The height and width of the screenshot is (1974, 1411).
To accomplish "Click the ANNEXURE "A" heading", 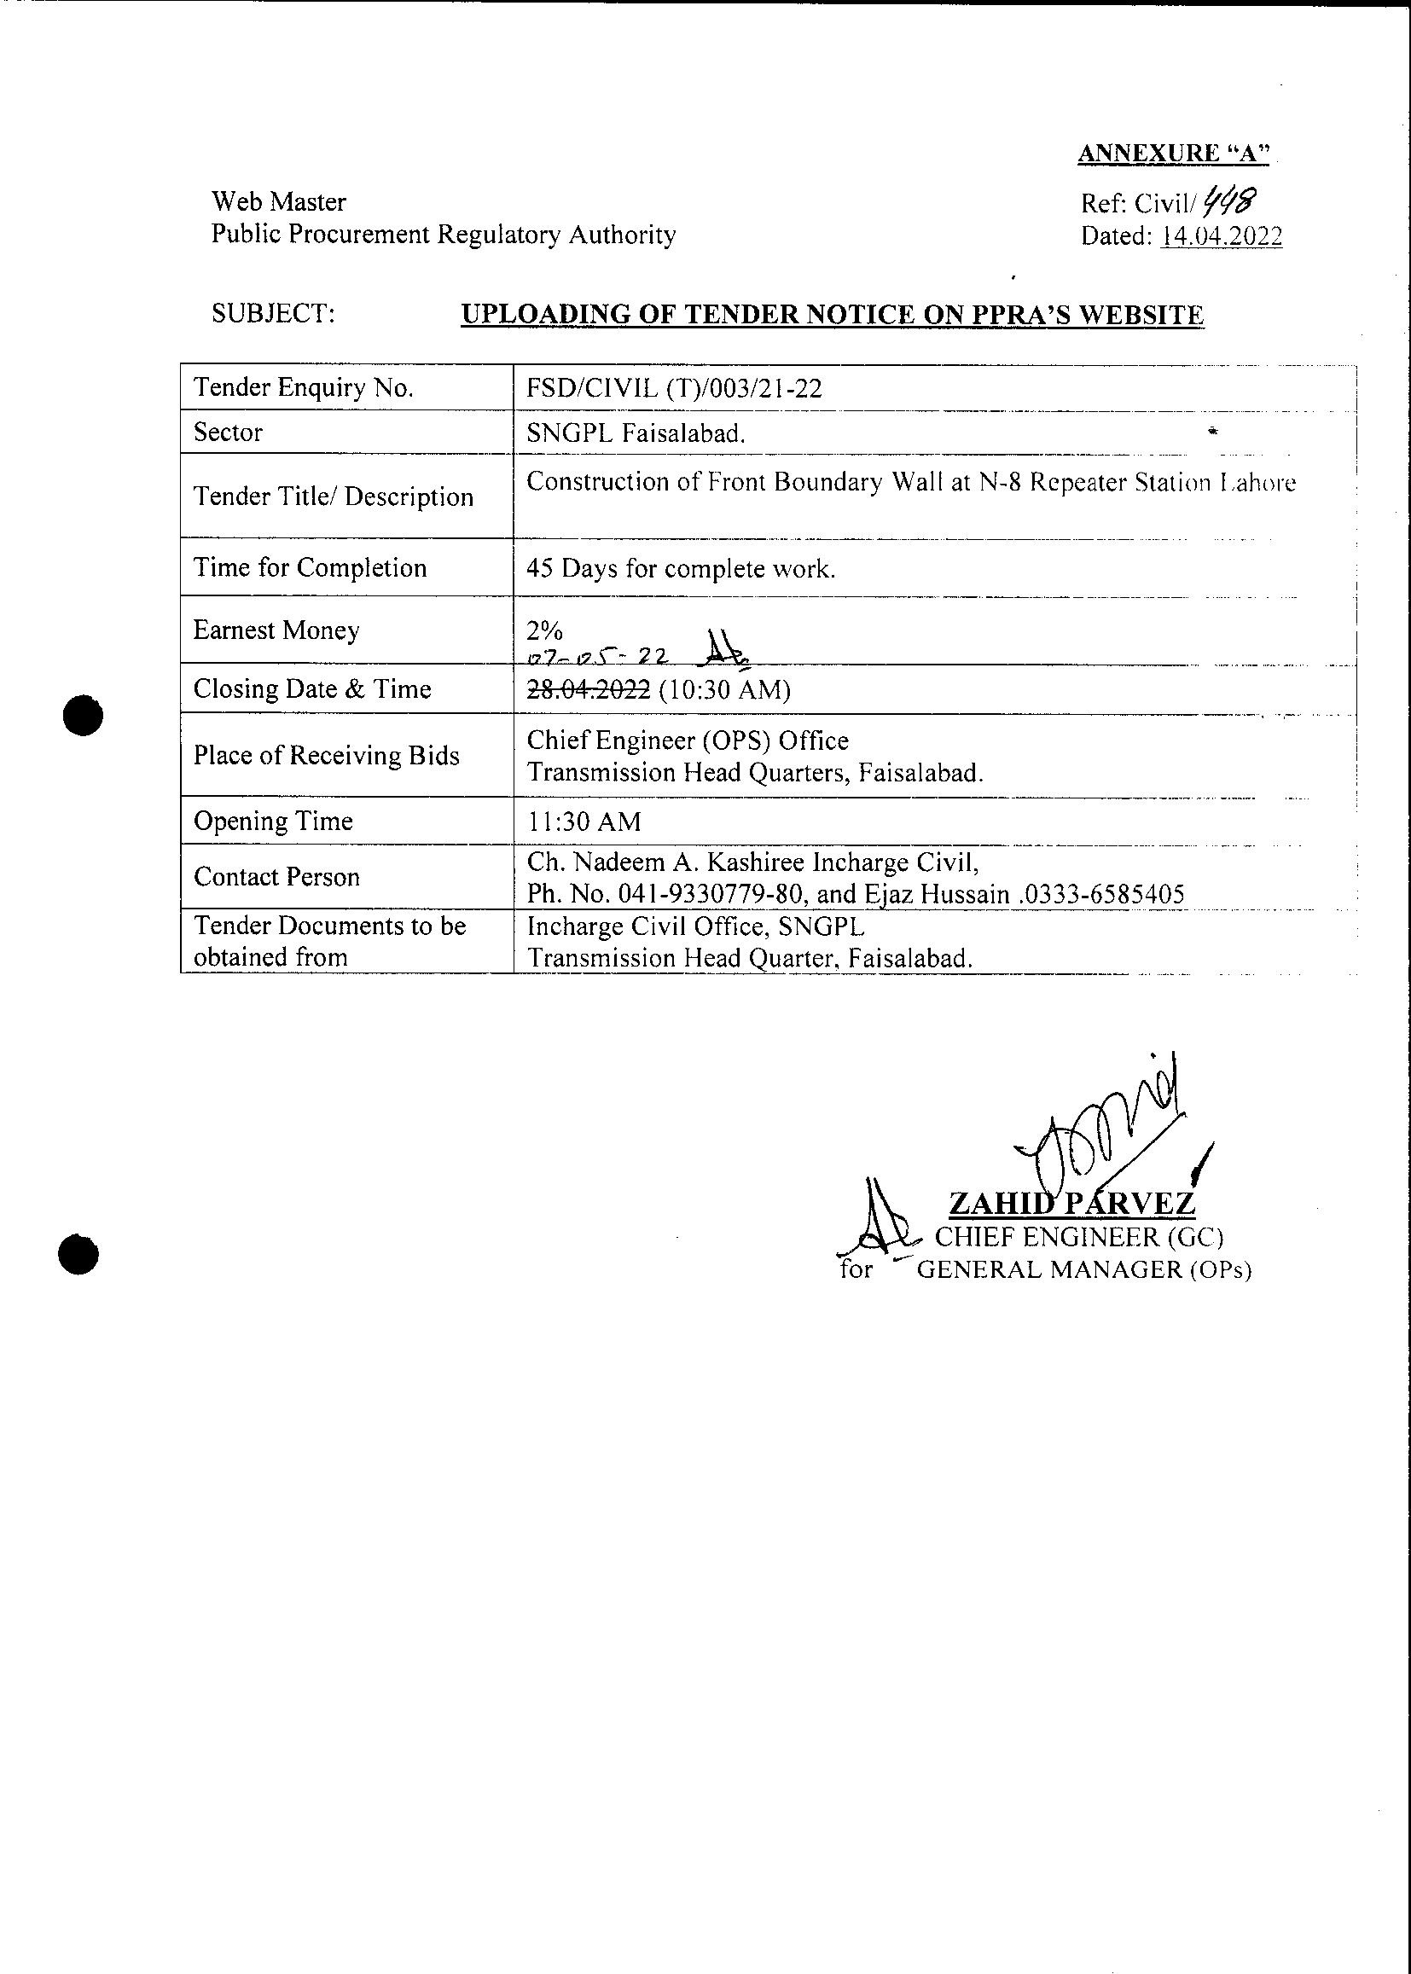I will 1173,153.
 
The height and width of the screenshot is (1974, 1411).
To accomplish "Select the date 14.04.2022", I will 1222,236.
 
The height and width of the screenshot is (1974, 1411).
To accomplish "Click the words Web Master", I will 279,201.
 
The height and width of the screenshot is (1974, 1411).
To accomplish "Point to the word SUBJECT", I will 273,314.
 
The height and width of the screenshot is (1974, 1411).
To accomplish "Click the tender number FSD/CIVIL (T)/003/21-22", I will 674,387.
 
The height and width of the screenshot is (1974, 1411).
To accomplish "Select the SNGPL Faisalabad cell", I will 636,433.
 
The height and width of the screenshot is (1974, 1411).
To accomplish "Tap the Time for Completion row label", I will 311,567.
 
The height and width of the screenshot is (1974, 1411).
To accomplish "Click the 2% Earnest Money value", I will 545,630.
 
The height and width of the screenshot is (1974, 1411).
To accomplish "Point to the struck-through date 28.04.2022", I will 589,689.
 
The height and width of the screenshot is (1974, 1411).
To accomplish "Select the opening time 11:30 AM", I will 584,821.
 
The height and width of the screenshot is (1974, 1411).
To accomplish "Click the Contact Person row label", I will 276,877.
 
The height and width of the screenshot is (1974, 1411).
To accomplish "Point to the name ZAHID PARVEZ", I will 1071,1205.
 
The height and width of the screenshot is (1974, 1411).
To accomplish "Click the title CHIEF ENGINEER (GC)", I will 1078,1237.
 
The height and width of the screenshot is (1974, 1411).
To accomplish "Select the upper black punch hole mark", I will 84,716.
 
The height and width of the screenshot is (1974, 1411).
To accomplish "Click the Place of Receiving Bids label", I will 326,755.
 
